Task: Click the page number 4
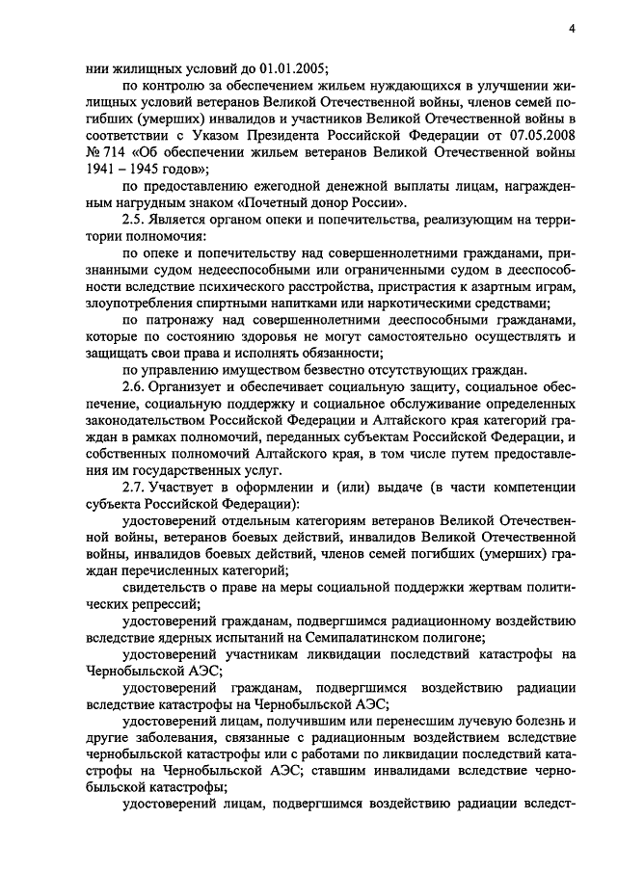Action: pos(572,30)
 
